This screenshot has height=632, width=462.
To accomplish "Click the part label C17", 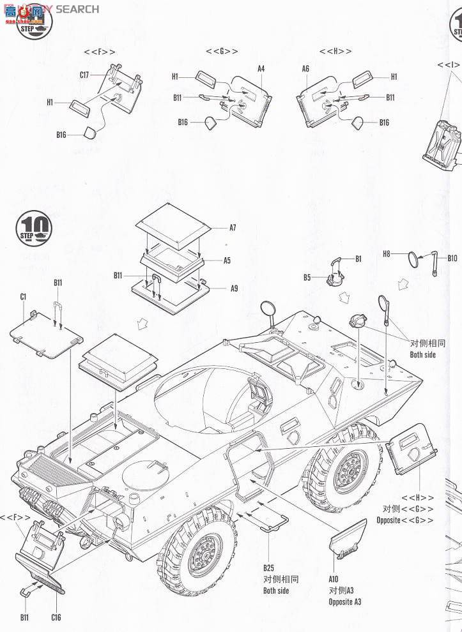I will [84, 75].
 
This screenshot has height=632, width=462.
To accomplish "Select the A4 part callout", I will [261, 69].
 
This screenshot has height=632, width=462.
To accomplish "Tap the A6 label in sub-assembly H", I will [305, 69].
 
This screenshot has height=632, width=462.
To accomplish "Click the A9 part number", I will [235, 288].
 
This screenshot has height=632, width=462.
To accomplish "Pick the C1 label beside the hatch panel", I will [23, 296].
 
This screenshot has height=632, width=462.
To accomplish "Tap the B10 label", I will [452, 258].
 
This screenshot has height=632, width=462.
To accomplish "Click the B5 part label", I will [307, 277].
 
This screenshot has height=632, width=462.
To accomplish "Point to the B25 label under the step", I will [268, 568].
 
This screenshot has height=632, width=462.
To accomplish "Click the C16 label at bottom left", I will [56, 617].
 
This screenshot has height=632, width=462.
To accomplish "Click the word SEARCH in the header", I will [77, 9].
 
